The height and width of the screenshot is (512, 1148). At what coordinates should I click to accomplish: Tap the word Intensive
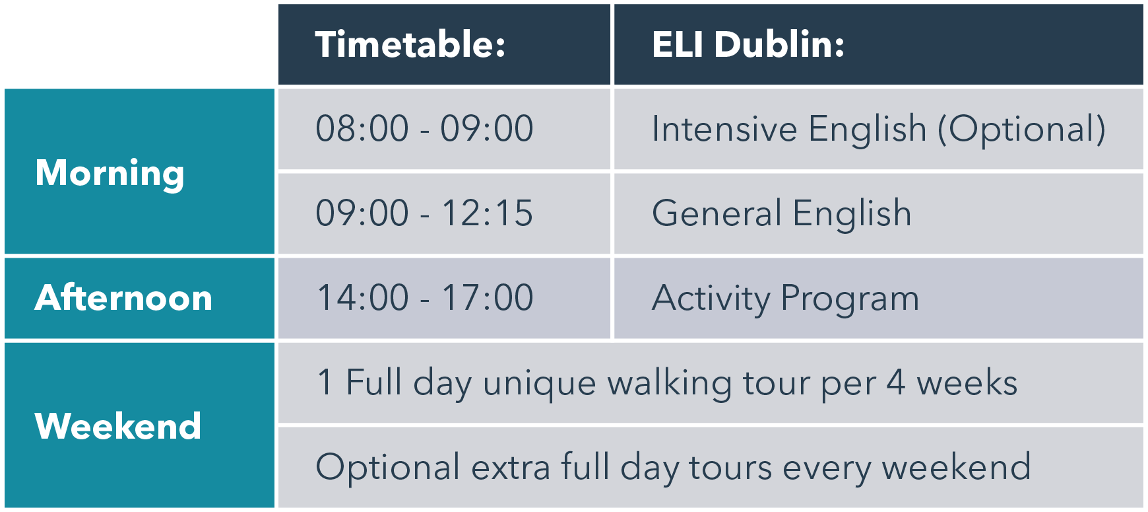click(x=724, y=128)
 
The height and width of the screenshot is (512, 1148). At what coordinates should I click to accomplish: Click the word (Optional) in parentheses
click(x=1022, y=129)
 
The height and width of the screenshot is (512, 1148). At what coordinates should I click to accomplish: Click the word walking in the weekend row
click(x=669, y=384)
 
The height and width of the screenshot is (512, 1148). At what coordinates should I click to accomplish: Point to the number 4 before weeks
click(x=896, y=383)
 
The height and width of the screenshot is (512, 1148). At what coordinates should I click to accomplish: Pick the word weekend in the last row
click(x=956, y=466)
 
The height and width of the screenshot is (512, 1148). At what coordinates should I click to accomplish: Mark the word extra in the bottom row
click(x=511, y=468)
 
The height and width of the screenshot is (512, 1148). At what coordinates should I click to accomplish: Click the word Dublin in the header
click(x=779, y=45)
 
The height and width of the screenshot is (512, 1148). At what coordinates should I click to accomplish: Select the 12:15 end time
click(x=488, y=213)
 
